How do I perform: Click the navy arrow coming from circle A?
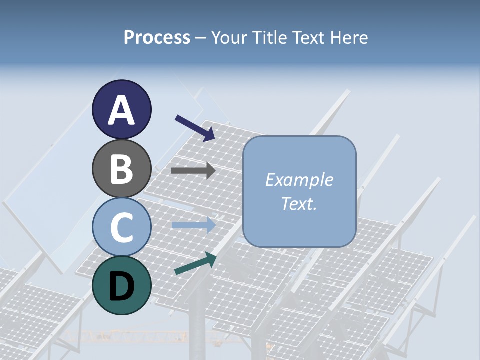[x=195, y=127]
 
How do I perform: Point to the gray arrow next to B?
[x=193, y=171]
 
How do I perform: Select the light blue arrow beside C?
[x=193, y=225]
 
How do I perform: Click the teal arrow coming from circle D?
[x=195, y=263]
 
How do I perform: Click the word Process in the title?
[x=157, y=38]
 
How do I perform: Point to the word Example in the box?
[x=299, y=180]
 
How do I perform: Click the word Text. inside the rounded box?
[x=299, y=203]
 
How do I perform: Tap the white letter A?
[x=121, y=110]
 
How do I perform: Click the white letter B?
[x=121, y=169]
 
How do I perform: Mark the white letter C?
[x=121, y=227]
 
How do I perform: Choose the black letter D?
[x=121, y=286]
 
